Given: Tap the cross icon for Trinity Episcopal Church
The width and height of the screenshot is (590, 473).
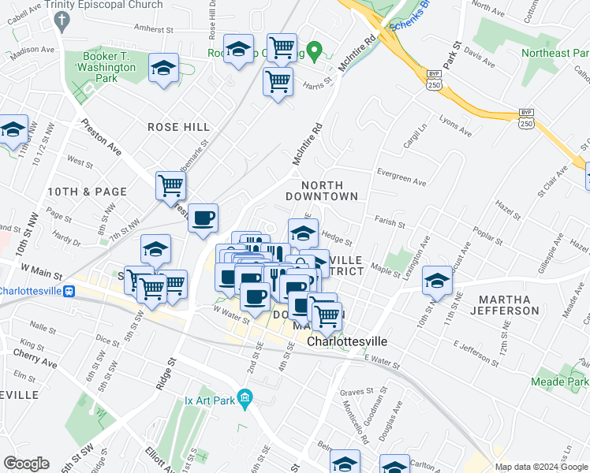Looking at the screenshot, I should pos(60,20).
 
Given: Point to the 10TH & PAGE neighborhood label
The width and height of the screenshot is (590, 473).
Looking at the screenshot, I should pos(87,192).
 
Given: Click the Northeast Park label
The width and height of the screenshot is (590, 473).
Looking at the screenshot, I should pos(555,54).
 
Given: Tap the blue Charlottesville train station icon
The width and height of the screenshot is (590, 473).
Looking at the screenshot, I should pos(69,290).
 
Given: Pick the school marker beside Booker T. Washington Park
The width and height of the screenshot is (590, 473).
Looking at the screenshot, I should pos(163,69).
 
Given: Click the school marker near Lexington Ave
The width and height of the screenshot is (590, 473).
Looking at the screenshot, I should pos(437,279).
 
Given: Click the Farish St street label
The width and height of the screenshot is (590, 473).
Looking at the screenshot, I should pos(390,224).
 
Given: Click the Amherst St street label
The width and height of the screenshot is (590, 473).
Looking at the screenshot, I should pos(153,28).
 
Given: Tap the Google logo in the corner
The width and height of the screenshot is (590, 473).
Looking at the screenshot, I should pos(27,464).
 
